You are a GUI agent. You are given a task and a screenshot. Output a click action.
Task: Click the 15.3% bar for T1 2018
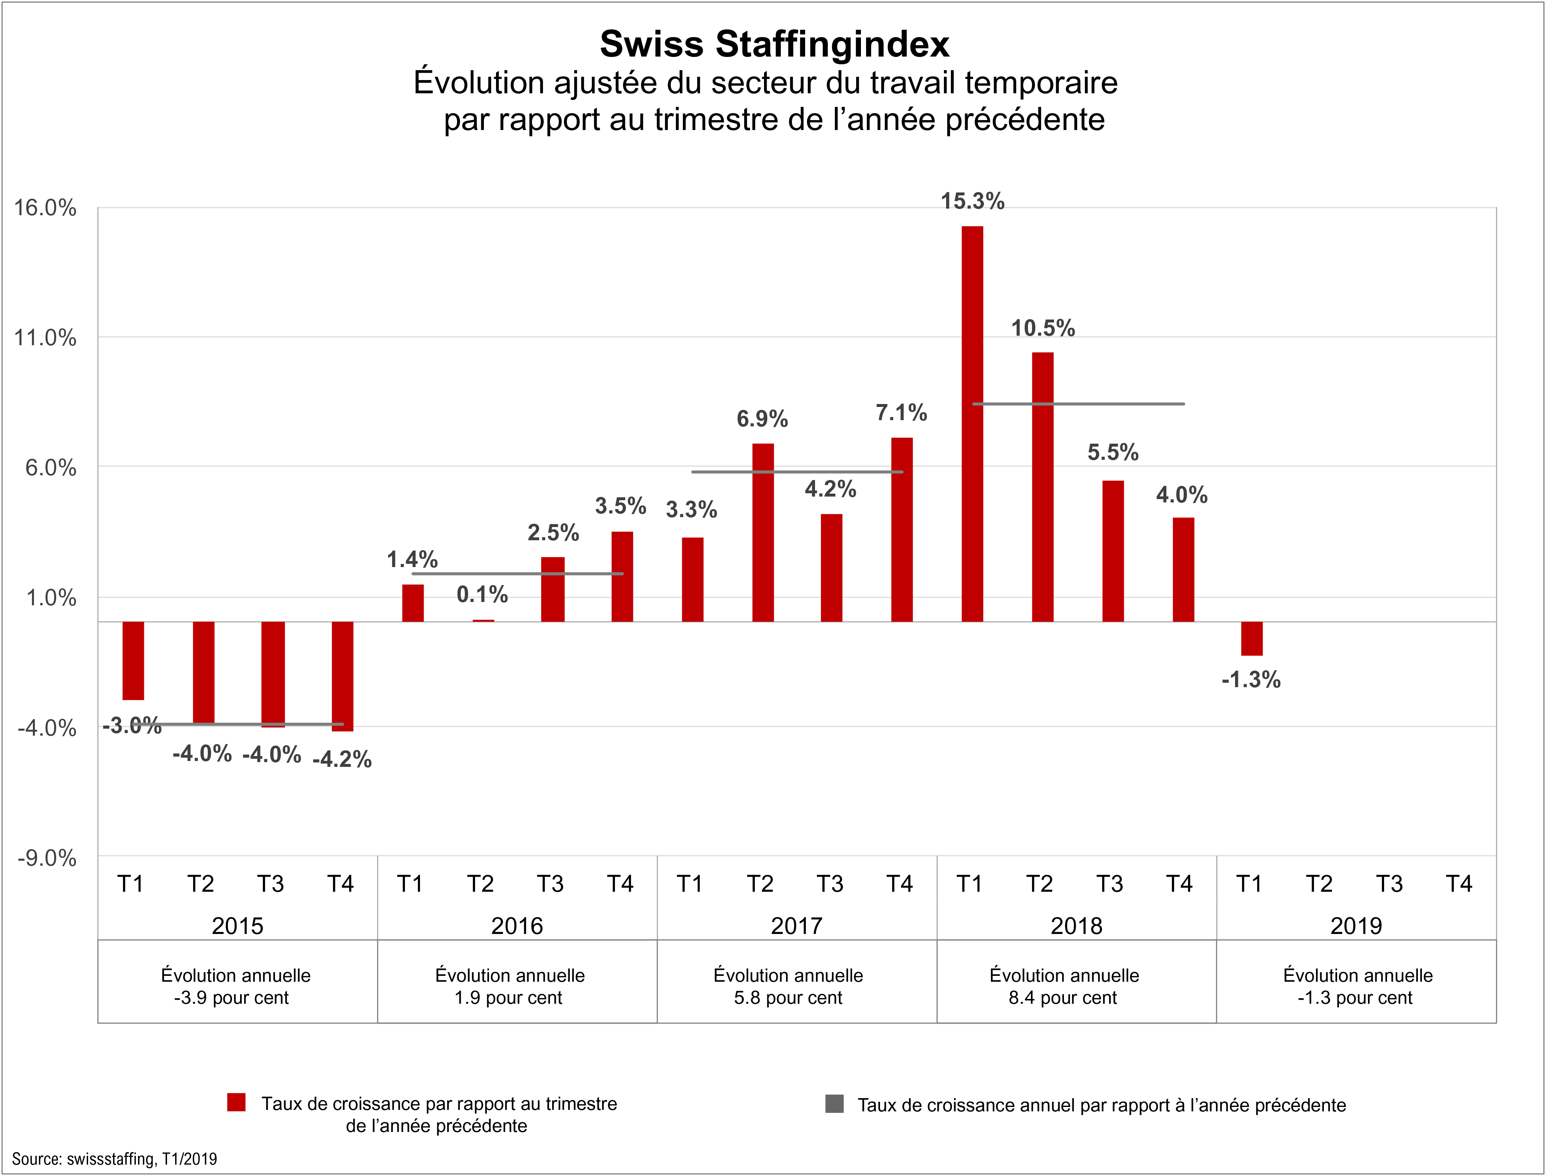pos(973,423)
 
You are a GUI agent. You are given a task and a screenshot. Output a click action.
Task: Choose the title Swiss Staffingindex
pos(774,44)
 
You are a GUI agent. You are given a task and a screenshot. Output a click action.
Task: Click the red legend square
pos(236,1103)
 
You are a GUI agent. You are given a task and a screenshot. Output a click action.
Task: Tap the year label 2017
pos(797,926)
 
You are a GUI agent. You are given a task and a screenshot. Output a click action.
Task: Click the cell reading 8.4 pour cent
pos(1063,986)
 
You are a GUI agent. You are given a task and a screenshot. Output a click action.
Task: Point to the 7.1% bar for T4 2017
pos(902,530)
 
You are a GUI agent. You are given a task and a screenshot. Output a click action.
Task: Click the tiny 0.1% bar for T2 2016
pos(484,620)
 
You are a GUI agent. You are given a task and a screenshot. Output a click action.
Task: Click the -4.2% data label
pos(342,760)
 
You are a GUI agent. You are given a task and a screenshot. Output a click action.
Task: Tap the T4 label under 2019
pos(1459,884)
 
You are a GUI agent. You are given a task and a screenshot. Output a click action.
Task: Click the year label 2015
pos(237,926)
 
